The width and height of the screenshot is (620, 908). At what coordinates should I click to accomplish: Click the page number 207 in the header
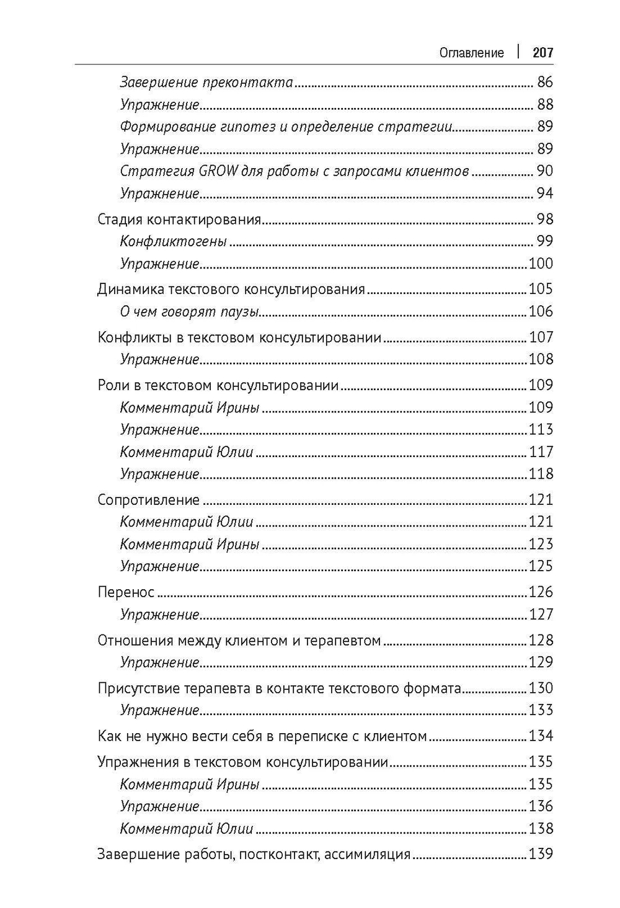pos(542,53)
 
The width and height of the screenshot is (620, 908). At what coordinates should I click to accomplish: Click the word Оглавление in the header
pos(471,53)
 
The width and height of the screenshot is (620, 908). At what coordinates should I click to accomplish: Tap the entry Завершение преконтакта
pos(206,82)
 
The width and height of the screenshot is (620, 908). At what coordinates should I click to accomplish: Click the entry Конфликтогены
pos(173,241)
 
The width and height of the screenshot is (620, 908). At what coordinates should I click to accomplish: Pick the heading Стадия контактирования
pos(179,220)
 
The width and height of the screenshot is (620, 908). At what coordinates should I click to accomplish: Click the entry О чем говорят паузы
pos(189,311)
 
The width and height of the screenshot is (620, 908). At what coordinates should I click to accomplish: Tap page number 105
pos(540,289)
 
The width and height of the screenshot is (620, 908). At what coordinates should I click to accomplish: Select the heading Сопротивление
pos(149,500)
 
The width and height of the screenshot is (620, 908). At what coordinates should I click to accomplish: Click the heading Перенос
pos(126,592)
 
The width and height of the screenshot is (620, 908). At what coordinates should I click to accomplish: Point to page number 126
pos(540,592)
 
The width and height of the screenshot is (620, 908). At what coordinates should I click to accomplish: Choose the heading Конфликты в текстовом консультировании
pos(239,337)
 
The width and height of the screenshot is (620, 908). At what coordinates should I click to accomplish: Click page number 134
pos(540,736)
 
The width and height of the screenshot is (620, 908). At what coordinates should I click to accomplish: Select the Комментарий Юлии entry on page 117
pos(187,452)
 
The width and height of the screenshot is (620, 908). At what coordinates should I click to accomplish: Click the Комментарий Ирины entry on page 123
pos(189,545)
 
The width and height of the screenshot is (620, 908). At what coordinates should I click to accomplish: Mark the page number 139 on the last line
pos(540,854)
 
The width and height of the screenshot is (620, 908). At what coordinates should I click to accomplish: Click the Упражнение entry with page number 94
pos(159,194)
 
